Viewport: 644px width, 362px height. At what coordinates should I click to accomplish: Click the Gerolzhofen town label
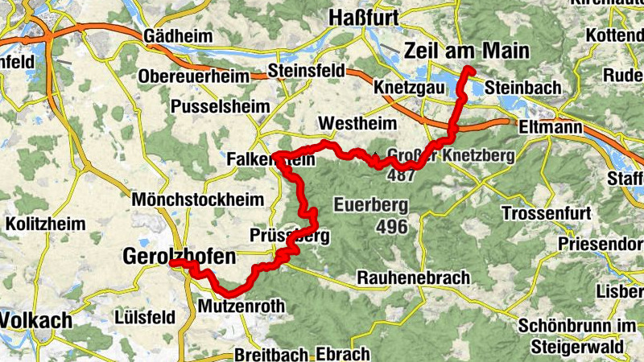(x=179, y=257)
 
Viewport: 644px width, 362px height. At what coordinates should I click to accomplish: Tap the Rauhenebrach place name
(x=413, y=278)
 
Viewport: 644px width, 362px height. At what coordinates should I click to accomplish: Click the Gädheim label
(x=176, y=36)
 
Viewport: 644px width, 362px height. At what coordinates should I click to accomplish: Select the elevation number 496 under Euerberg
(x=392, y=227)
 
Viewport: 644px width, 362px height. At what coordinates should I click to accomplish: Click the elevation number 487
(x=400, y=175)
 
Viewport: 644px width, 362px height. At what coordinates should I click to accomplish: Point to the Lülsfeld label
(x=145, y=316)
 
